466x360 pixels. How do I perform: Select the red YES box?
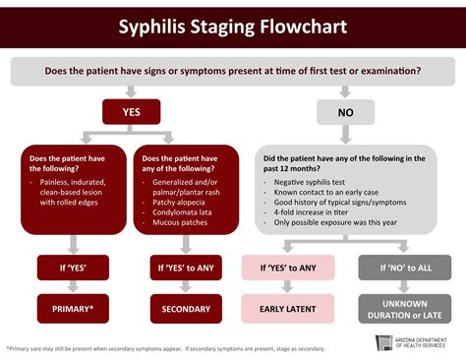click(x=131, y=112)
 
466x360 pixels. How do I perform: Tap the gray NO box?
click(x=346, y=112)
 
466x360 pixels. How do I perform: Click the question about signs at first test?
click(x=233, y=70)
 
